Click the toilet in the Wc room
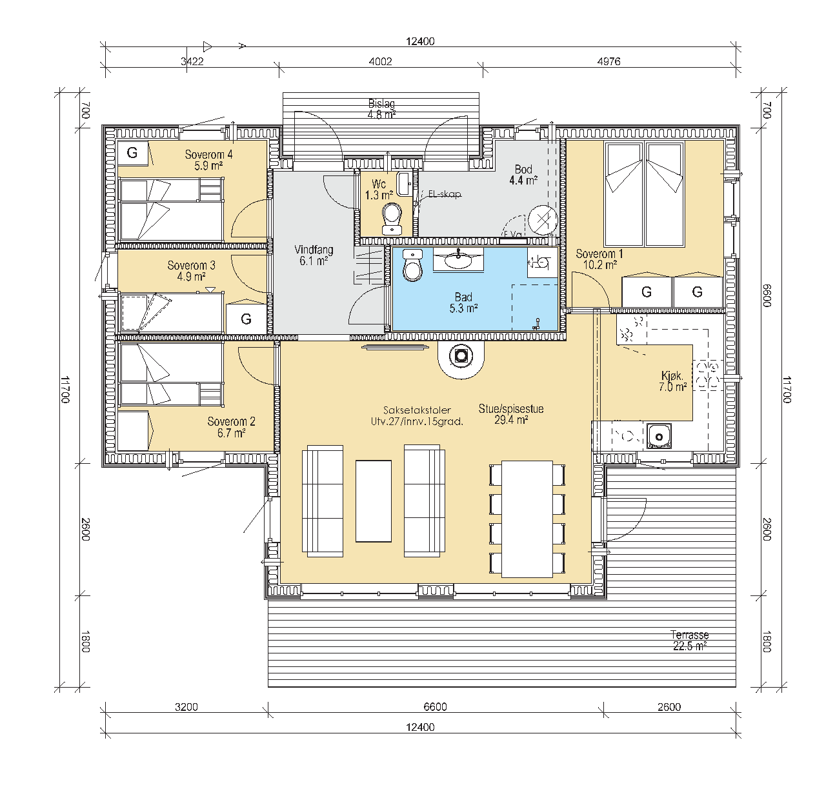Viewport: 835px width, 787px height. [392, 219]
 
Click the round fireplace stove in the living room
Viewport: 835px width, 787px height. [461, 356]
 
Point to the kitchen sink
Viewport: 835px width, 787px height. [659, 436]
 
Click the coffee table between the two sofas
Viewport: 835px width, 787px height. [374, 501]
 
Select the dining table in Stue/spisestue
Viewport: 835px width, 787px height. [527, 519]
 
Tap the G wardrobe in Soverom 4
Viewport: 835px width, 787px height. [132, 153]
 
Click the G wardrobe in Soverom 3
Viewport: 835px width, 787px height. [246, 319]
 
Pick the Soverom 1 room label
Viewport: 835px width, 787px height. [599, 259]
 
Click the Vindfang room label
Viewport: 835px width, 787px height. [314, 255]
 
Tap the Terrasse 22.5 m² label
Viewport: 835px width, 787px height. [690, 641]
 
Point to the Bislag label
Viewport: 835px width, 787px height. [382, 103]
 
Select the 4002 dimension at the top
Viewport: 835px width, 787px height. [381, 61]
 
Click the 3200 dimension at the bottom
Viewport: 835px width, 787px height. [186, 706]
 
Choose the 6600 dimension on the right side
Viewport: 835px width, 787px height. [767, 295]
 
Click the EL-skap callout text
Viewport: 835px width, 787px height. [445, 194]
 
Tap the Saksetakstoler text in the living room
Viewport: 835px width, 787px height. [417, 410]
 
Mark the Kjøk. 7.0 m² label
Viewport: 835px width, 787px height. [672, 381]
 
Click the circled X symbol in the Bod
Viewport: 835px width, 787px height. [543, 220]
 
